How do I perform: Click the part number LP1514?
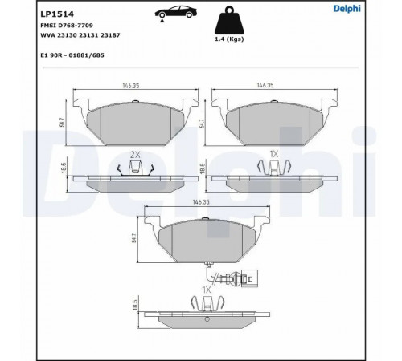pyautogui.click(x=57, y=14)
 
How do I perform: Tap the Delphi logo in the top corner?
pyautogui.click(x=347, y=9)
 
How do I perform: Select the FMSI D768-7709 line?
pyautogui.click(x=67, y=26)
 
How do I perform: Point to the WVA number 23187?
pyautogui.click(x=110, y=35)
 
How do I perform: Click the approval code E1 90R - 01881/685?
pyautogui.click(x=72, y=55)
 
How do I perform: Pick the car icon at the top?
pyautogui.click(x=175, y=12)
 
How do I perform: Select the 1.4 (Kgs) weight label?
pyautogui.click(x=229, y=39)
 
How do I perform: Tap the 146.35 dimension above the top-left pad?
pyautogui.click(x=131, y=86)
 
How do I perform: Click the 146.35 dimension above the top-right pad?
pyautogui.click(x=265, y=85)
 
